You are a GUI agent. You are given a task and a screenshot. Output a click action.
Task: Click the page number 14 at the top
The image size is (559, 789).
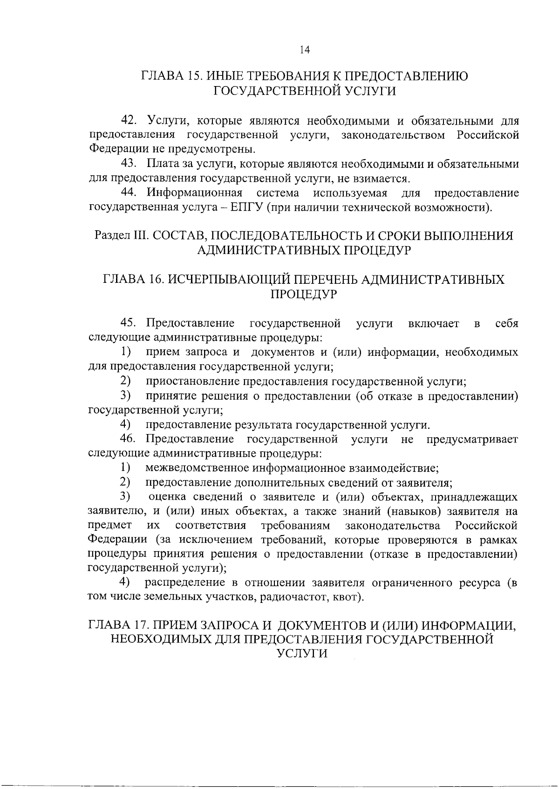point(305,50)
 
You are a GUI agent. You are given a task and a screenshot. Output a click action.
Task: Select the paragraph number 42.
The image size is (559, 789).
point(129,120)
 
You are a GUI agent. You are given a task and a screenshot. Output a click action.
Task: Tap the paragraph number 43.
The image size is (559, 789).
point(129,164)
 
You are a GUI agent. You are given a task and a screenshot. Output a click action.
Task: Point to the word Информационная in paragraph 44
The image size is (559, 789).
point(195,193)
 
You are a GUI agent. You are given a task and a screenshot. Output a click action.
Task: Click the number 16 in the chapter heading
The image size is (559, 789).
point(154,280)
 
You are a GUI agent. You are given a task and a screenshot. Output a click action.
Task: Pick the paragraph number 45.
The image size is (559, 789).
point(129,323)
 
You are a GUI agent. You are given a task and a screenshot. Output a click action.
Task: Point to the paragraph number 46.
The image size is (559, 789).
point(129,439)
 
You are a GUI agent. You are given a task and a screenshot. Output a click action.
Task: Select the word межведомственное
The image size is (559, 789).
point(193,468)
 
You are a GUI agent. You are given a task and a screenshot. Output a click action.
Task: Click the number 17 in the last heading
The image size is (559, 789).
point(143,625)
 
